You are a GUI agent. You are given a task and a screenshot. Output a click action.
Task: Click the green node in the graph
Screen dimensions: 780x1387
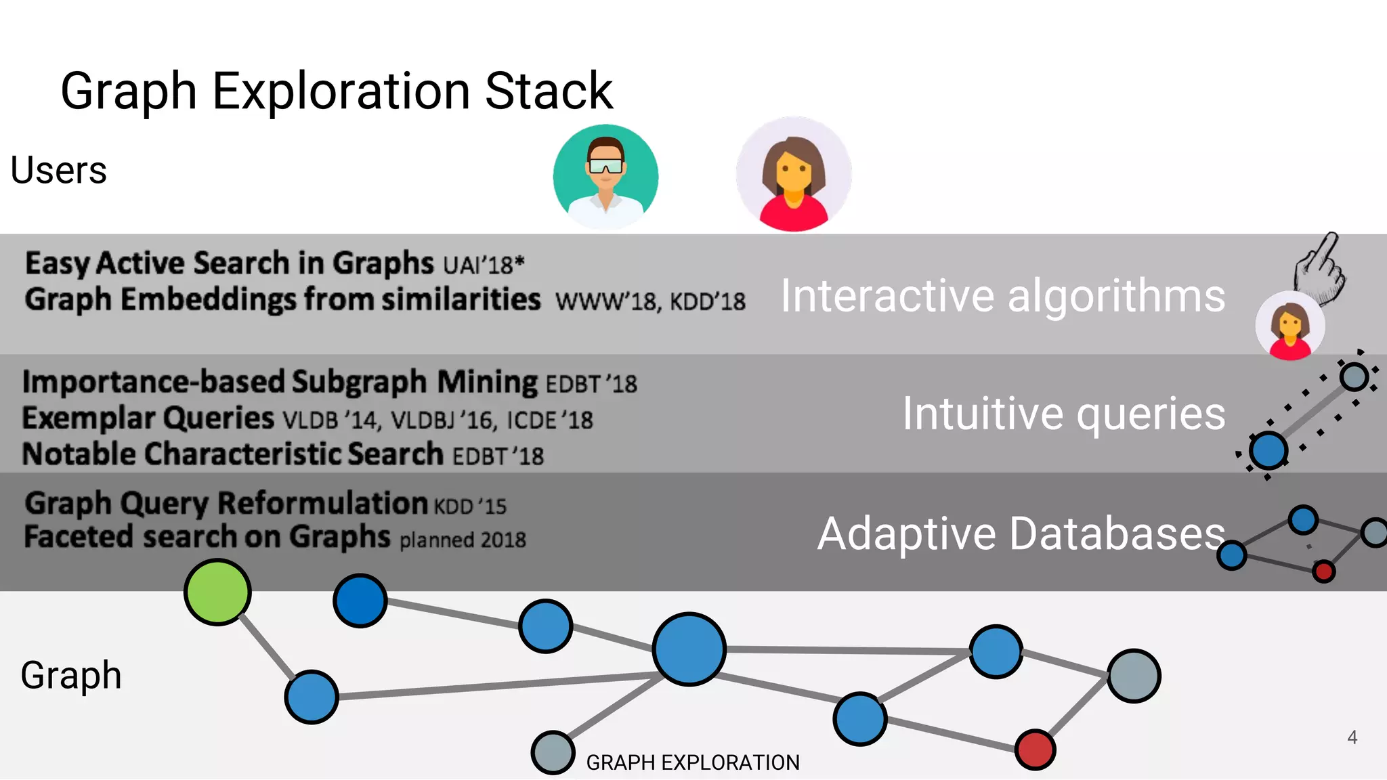pos(217,592)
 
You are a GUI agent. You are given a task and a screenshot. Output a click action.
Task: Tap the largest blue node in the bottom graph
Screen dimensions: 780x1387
pos(689,649)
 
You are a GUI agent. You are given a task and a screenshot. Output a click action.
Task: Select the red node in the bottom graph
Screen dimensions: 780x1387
pos(1035,750)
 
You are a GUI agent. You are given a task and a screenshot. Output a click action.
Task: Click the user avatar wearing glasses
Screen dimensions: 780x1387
pos(605,176)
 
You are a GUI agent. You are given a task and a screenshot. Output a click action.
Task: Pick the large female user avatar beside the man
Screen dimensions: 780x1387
pos(794,175)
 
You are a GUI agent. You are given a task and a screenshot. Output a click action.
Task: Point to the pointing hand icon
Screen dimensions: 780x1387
pos(1319,269)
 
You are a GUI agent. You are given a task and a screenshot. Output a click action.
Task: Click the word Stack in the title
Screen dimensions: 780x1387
pos(549,91)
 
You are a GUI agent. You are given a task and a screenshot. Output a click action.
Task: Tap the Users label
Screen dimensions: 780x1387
pos(59,170)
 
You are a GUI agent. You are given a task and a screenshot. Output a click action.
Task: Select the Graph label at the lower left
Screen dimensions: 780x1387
pos(71,675)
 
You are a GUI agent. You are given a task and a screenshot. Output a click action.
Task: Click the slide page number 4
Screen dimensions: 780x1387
pos(1352,737)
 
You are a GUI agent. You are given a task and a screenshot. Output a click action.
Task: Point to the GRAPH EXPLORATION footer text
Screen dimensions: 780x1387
pos(693,763)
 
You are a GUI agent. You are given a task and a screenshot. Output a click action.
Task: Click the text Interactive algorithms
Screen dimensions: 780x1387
pos(1002,296)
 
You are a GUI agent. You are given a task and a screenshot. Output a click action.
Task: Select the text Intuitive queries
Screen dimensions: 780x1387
pos(1063,414)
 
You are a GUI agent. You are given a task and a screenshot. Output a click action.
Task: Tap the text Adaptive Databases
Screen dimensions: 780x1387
pos(1021,534)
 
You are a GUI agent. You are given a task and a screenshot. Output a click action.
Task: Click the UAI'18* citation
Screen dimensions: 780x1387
pos(484,265)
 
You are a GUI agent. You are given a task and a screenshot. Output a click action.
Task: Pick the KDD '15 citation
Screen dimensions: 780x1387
pos(470,506)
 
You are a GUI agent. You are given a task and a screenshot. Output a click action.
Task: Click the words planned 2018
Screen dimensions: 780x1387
pos(463,540)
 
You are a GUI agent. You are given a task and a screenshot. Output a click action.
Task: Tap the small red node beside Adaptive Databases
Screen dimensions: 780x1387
pos(1323,571)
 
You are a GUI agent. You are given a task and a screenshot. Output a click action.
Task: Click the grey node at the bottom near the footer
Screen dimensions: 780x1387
pos(553,752)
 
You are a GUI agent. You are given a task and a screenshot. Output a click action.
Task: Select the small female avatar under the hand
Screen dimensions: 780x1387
pos(1289,326)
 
